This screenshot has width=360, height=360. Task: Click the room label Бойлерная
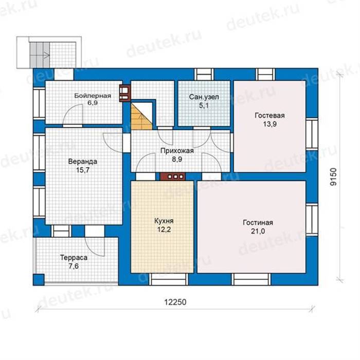(93, 96)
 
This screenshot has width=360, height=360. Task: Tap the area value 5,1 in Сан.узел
(204, 105)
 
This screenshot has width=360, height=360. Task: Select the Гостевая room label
(270, 115)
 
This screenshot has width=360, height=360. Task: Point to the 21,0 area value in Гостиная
(258, 231)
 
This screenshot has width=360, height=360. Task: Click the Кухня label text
(164, 221)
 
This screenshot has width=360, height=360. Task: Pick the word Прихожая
(177, 151)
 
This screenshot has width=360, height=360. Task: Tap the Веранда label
(83, 161)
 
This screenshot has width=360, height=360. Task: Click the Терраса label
(74, 258)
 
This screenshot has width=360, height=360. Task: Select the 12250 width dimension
(175, 302)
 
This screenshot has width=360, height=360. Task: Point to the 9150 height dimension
(333, 177)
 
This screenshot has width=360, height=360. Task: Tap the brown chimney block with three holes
(173, 176)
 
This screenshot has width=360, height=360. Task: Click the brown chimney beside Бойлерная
(125, 94)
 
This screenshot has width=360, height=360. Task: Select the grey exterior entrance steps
(39, 55)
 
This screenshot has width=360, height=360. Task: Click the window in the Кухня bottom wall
(169, 279)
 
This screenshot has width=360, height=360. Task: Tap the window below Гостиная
(251, 279)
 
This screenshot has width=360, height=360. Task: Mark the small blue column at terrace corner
(39, 280)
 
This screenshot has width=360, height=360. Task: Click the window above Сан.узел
(204, 75)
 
